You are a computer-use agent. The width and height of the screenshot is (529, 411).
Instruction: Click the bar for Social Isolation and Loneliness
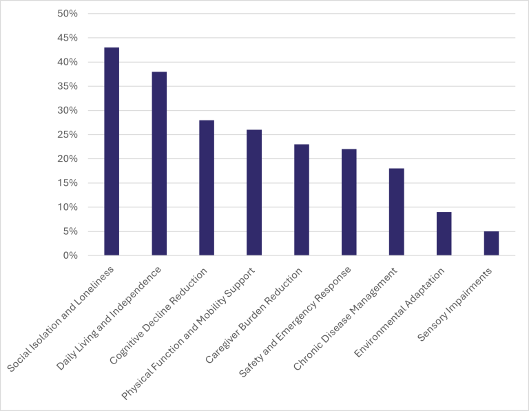click(112, 151)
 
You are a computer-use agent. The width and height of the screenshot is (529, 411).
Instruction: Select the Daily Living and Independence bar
click(159, 164)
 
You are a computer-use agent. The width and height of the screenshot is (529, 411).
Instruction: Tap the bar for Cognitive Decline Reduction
click(207, 188)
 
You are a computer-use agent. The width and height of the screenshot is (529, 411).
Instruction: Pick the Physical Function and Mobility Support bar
click(254, 193)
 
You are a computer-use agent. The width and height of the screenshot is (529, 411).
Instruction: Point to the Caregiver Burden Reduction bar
click(302, 200)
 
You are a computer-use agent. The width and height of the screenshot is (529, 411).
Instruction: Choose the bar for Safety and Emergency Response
click(349, 202)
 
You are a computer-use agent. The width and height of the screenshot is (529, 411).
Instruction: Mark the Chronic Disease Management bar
click(396, 212)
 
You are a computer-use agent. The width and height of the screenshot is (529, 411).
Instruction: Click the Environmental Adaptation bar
click(444, 234)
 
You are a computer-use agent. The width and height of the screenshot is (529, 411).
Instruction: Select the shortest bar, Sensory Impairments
click(491, 244)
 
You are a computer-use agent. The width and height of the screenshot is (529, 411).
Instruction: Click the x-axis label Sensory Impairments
click(457, 303)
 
